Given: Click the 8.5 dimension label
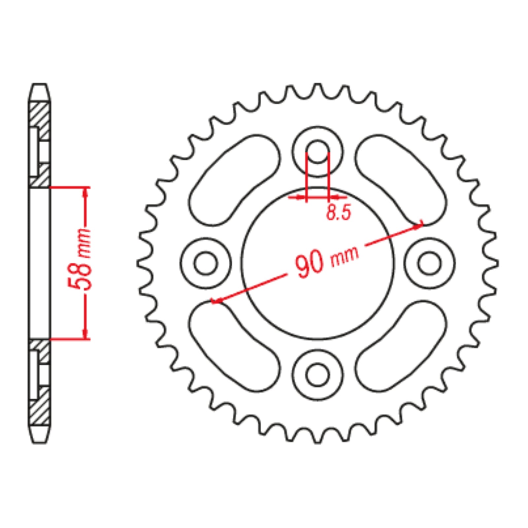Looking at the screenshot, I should pos(339,212).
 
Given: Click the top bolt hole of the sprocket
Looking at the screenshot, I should pos(317,152).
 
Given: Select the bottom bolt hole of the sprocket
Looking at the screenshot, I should pos(317,375).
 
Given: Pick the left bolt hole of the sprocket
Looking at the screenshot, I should pos(206,263).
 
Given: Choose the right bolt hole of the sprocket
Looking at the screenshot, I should pos(429,263).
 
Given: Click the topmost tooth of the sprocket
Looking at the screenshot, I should pos(317,87).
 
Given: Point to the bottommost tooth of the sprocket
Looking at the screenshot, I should pos(317,439).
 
